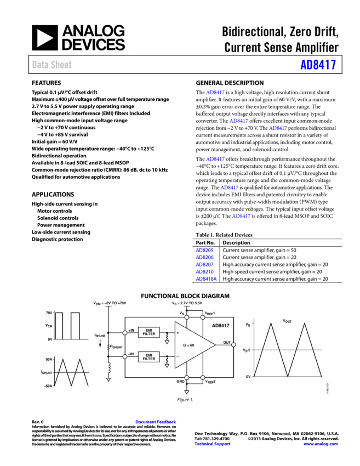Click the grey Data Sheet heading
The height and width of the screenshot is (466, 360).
coord(52,65)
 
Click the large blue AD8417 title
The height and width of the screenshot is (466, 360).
coord(318,65)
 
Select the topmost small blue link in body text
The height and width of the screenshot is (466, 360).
coord(215,93)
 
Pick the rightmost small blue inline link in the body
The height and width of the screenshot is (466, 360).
coord(278,128)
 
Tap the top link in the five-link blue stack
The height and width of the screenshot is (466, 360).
coord(204,251)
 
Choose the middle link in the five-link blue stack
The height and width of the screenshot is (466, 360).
coord(204,265)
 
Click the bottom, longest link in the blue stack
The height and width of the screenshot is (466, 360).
coord(206,279)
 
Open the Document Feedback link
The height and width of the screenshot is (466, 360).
coord(156,422)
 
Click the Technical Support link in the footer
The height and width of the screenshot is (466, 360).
coord(212,444)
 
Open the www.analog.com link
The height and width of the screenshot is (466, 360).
coord(320,444)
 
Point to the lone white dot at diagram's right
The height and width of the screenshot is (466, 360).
coord(233,345)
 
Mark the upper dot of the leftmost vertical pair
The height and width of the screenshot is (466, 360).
coord(125,333)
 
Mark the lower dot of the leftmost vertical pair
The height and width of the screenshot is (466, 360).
coord(125,356)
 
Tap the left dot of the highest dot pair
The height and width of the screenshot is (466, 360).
coord(187,317)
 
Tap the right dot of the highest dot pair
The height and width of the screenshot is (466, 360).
coord(203,317)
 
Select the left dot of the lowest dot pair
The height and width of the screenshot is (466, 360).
coord(187,378)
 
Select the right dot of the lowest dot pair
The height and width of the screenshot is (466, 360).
coord(203,378)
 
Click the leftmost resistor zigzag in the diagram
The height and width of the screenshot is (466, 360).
coord(108,346)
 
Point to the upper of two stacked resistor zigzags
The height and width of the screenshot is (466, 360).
coord(167,337)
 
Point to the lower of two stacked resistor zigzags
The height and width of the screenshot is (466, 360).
coord(167,360)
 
